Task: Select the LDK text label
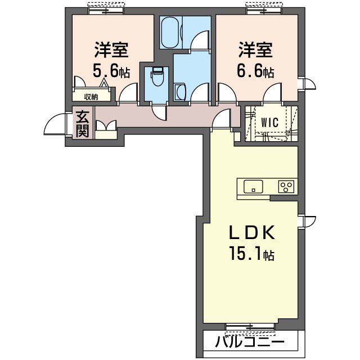[252, 233]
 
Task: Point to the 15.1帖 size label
[252, 253]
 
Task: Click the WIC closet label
[270, 122]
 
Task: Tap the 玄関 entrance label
[83, 124]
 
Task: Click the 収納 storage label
[91, 97]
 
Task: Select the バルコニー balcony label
[250, 343]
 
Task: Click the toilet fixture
[156, 76]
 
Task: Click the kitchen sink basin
[253, 186]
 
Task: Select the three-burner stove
[286, 186]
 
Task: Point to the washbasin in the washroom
[179, 92]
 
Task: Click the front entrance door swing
[55, 124]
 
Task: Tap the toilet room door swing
[159, 112]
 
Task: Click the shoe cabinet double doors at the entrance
[106, 125]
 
